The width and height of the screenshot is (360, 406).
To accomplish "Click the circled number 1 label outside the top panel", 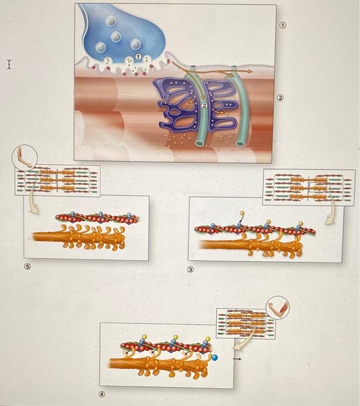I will point(283,25).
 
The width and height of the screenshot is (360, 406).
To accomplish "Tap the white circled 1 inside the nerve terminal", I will point(138,56).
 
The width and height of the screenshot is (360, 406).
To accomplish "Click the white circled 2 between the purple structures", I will point(204,106).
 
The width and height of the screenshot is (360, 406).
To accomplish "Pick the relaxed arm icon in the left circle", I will point(24,157).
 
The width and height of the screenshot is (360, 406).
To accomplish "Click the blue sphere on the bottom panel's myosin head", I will point(214,358).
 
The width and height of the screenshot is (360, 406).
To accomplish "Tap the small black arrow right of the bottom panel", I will point(237,360).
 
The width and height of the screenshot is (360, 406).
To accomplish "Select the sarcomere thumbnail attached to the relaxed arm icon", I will point(58,180).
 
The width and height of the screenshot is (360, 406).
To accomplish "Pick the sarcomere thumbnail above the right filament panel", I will point(308,187).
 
